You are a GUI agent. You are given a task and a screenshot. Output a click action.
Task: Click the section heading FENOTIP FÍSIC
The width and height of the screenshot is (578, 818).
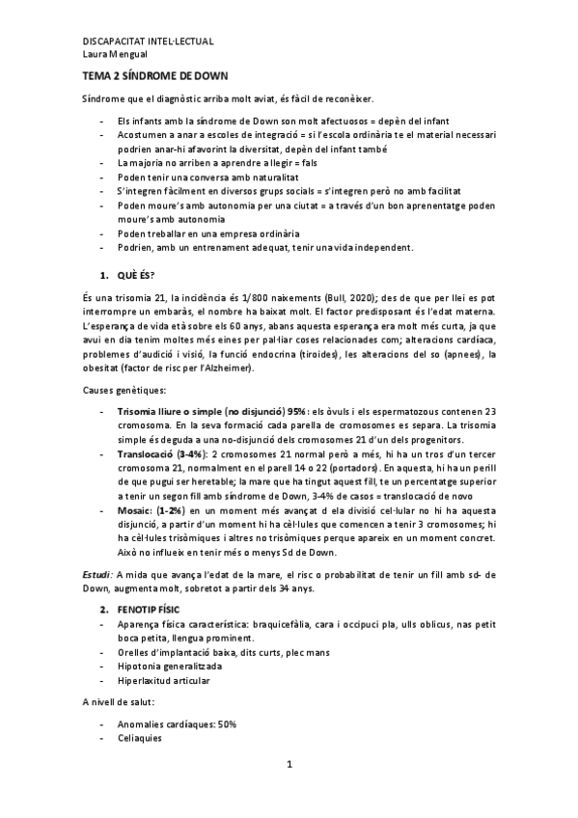154,611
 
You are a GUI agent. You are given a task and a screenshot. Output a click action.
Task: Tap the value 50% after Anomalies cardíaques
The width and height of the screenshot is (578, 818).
228,724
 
